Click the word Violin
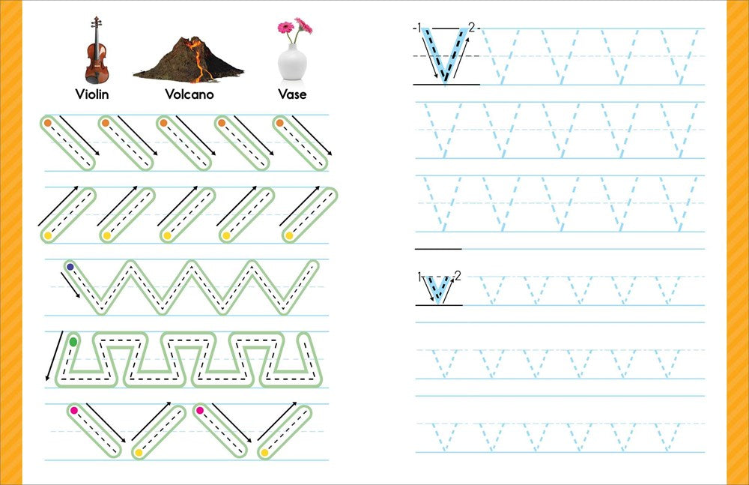point(92,94)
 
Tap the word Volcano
point(189,94)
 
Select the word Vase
point(292,94)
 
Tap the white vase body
point(292,62)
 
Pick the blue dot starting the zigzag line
point(70,267)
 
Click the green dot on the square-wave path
point(73,342)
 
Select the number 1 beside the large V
point(419,28)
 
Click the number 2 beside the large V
point(472,28)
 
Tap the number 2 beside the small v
point(458,276)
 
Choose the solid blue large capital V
point(445,55)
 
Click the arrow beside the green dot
point(54,356)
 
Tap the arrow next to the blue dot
point(70,285)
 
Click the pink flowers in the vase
point(294,26)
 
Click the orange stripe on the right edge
point(738,243)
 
